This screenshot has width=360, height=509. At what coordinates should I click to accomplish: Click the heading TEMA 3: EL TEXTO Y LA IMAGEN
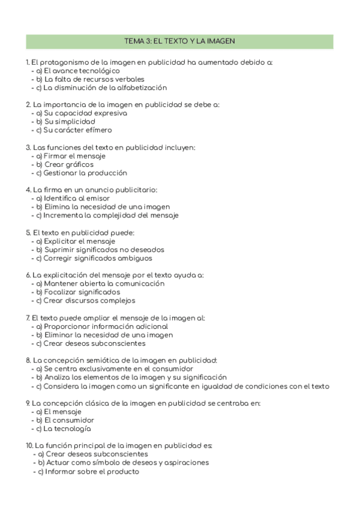[179, 41]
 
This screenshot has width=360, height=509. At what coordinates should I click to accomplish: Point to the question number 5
[28, 232]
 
